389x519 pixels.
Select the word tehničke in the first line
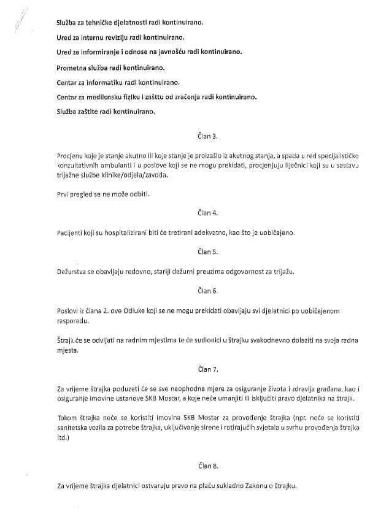pos(98,23)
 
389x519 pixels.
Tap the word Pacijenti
pos(70,233)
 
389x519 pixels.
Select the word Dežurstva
pos(72,271)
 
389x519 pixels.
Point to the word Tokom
pos(66,418)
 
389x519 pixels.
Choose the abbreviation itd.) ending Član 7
pos(63,438)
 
